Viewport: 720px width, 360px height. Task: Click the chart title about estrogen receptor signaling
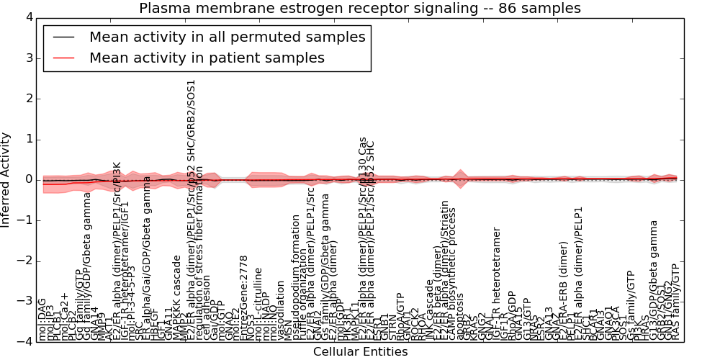click(360, 9)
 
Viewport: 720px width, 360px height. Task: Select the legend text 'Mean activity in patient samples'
click(207, 58)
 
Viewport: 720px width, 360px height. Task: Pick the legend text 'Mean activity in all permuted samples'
click(227, 37)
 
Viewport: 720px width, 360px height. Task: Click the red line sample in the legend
click(63, 58)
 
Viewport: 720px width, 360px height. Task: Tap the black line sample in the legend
click(63, 37)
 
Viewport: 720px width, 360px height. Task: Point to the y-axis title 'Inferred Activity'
click(6, 180)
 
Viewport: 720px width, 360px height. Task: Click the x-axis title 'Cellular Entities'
click(360, 352)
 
